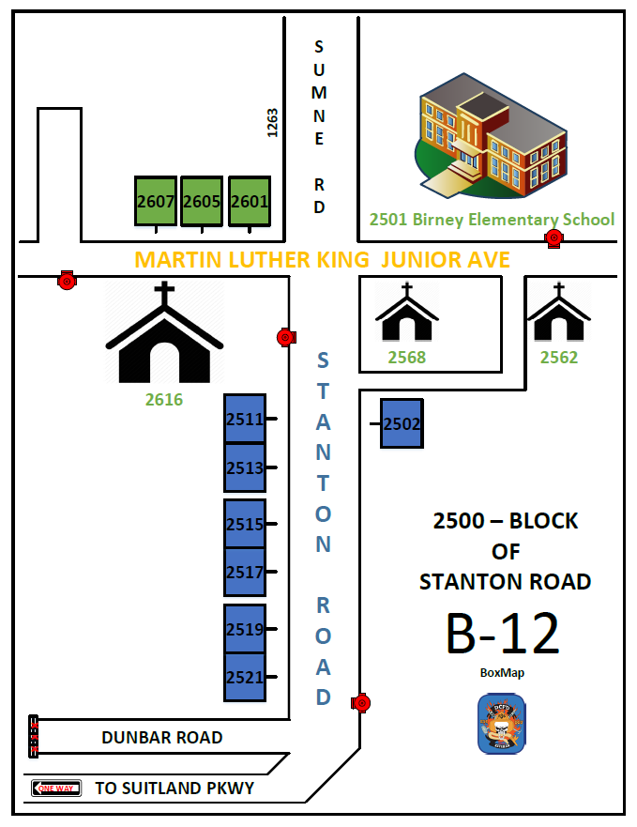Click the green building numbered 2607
click(x=156, y=201)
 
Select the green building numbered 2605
click(x=202, y=201)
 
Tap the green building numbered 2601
click(x=250, y=201)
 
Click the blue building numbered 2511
click(x=245, y=419)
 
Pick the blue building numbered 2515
click(x=245, y=524)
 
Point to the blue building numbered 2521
click(x=245, y=677)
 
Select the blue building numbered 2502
click(x=402, y=423)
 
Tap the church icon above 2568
click(x=407, y=314)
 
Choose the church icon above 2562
click(x=559, y=314)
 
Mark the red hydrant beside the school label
click(x=554, y=237)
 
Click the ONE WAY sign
click(x=56, y=789)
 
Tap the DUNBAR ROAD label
click(x=162, y=738)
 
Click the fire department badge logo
click(x=502, y=724)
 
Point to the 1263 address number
click(x=273, y=123)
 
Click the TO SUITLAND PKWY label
click(x=174, y=789)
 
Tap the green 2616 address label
click(x=164, y=400)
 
